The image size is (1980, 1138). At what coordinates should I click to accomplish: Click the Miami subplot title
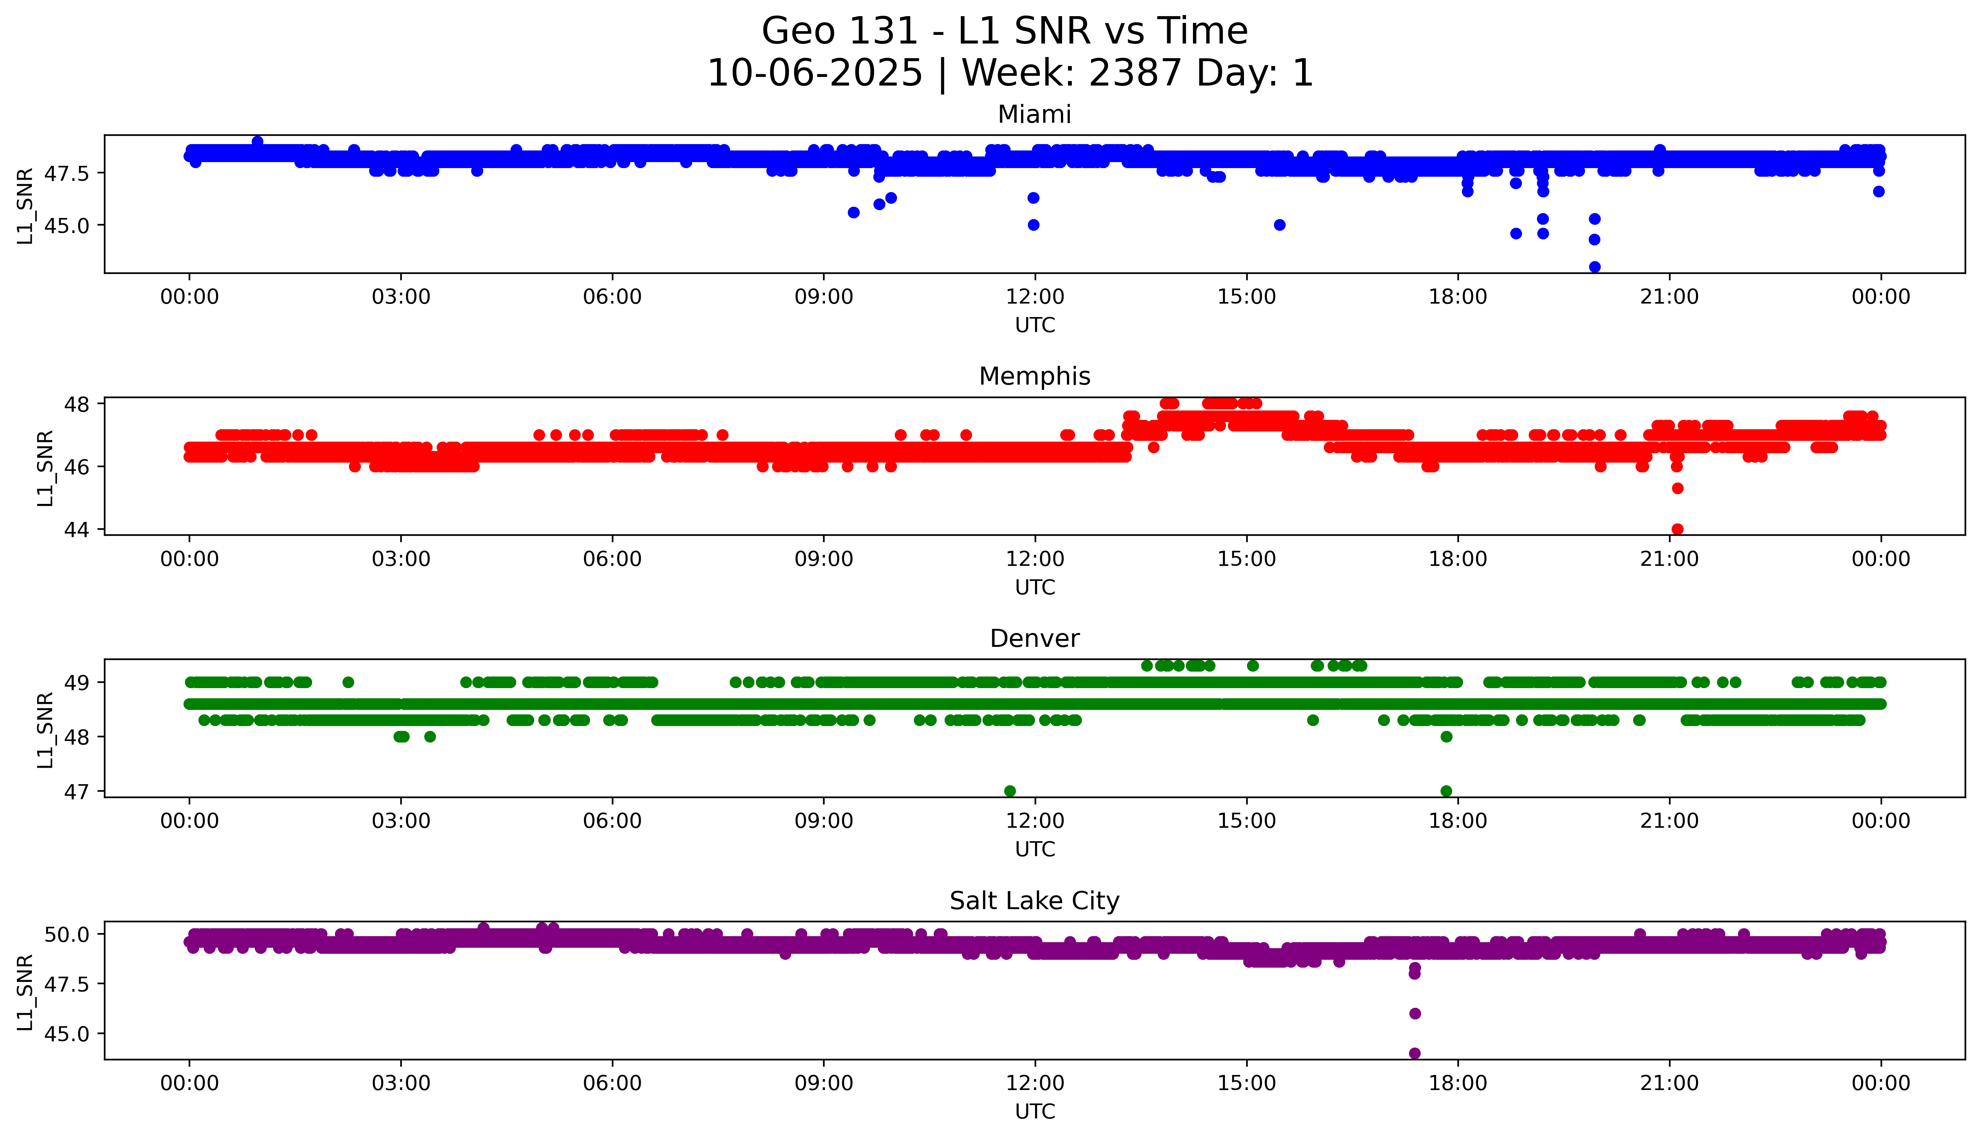pyautogui.click(x=1034, y=115)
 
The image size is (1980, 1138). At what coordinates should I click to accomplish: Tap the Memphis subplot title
pyautogui.click(x=1034, y=377)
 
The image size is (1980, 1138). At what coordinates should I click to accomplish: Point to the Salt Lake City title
pyautogui.click(x=1034, y=901)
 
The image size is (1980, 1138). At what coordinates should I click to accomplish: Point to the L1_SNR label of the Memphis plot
pyautogui.click(x=45, y=468)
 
